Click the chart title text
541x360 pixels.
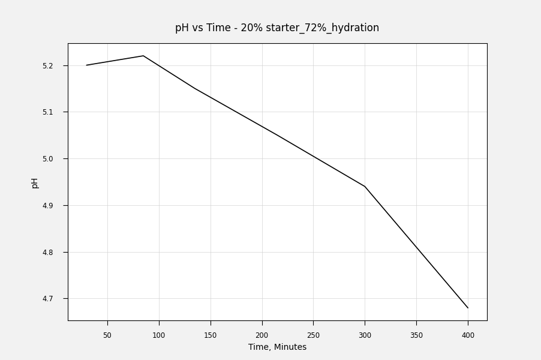tap(277, 28)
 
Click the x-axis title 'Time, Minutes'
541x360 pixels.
tap(277, 347)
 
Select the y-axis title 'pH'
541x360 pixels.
tap(35, 182)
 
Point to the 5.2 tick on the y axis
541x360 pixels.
tap(56, 65)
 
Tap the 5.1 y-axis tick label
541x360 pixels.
tap(56, 112)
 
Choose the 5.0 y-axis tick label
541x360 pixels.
tap(56, 159)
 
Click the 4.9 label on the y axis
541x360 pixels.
tap(56, 206)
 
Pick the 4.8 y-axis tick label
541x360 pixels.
tap(56, 253)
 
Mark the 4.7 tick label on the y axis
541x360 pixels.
tap(56, 299)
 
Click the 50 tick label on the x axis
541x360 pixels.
tap(107, 335)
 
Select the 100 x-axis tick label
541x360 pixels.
tap(159, 335)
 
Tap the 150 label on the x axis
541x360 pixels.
tap(211, 335)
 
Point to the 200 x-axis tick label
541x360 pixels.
tap(262, 335)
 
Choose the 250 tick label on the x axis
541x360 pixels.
tap(313, 335)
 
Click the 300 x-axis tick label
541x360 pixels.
tap(365, 335)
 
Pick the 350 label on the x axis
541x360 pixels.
tap(416, 335)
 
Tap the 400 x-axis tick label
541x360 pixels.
tap(468, 335)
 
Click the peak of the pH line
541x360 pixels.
tap(143, 56)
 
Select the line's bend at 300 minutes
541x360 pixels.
tap(365, 187)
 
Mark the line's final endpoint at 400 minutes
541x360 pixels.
tap(468, 308)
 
